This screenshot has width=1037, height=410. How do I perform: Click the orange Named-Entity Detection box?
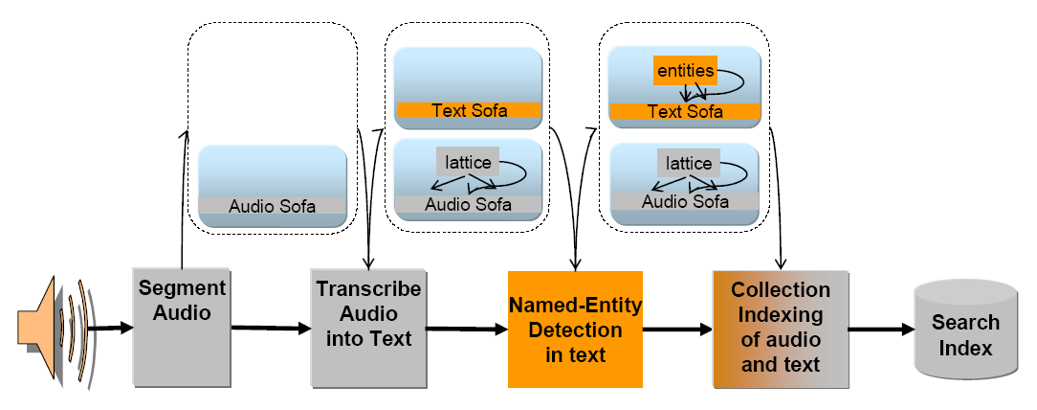pyautogui.click(x=575, y=330)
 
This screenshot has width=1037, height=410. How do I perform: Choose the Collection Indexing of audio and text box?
pyautogui.click(x=780, y=328)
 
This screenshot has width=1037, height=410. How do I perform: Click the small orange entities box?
pyautogui.click(x=685, y=70)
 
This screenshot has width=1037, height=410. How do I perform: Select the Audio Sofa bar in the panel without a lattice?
pyautogui.click(x=272, y=206)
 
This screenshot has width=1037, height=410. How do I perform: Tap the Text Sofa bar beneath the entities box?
pyautogui.click(x=684, y=111)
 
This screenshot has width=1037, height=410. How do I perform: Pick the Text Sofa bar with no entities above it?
pyautogui.click(x=469, y=110)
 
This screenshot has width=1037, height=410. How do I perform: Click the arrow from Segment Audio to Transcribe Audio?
pyautogui.click(x=271, y=329)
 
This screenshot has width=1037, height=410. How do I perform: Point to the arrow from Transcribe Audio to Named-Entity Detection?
pyautogui.click(x=465, y=330)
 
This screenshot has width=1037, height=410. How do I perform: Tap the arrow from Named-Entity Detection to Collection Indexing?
pyautogui.click(x=677, y=330)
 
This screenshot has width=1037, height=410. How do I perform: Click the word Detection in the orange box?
pyautogui.click(x=575, y=330)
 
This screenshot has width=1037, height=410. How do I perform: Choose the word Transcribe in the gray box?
pyautogui.click(x=368, y=289)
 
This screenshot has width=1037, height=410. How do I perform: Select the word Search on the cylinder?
pyautogui.click(x=965, y=322)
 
